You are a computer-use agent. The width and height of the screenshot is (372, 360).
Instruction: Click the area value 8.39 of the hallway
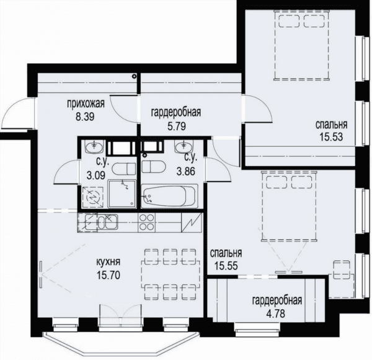(85, 116)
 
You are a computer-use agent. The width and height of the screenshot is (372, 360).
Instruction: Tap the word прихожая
(86, 103)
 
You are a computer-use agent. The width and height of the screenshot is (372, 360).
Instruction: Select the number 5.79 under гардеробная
(177, 126)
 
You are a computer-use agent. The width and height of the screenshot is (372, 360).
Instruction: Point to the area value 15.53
(331, 137)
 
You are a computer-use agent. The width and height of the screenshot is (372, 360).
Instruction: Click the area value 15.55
(226, 266)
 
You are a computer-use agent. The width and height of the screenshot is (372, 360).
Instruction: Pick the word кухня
(108, 262)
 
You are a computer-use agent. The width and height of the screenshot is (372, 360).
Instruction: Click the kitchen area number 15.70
(108, 275)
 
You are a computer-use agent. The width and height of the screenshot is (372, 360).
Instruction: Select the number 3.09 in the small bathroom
(96, 176)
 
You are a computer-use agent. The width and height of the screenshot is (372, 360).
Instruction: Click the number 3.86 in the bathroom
(186, 171)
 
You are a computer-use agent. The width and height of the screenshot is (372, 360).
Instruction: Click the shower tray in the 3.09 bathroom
(122, 194)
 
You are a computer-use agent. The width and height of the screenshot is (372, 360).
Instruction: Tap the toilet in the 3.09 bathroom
(123, 169)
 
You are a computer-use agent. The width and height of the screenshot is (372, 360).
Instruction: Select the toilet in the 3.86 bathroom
(153, 167)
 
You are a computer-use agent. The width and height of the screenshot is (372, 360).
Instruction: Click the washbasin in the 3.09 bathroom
(94, 146)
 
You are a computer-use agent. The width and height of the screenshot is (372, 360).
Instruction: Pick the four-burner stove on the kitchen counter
(146, 222)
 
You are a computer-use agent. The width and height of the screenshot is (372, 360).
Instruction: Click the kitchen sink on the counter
(108, 222)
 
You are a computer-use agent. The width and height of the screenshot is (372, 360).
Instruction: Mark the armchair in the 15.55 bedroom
(342, 270)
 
